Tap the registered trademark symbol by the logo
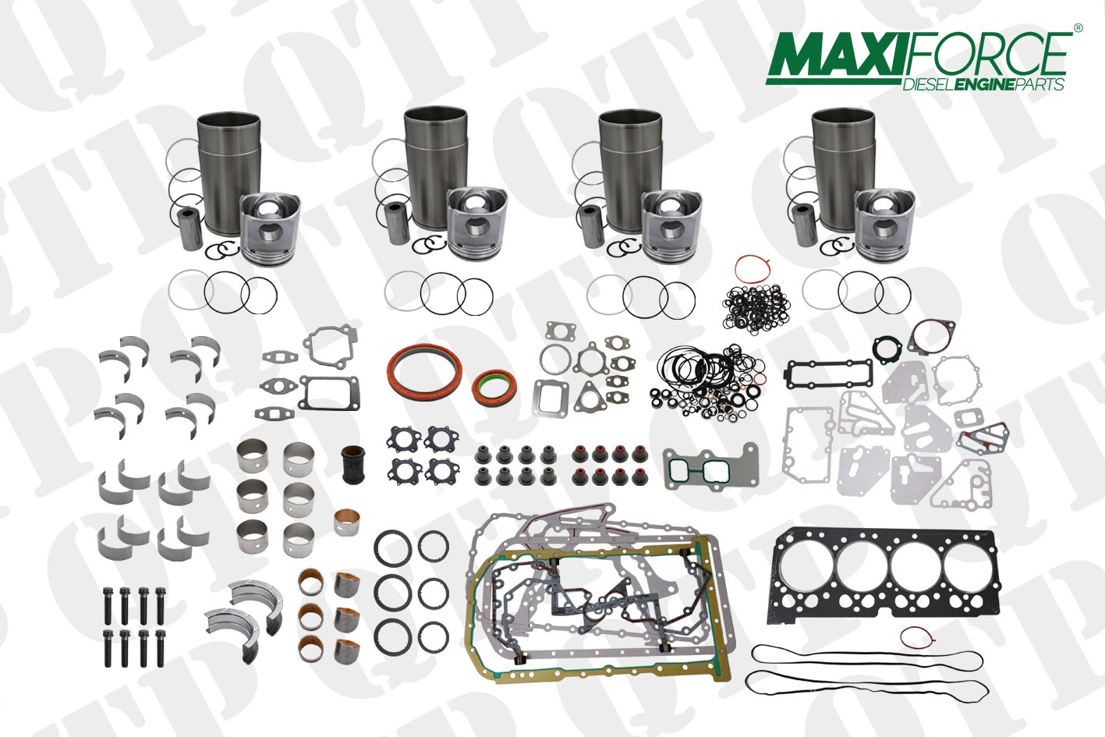tap(1078, 28)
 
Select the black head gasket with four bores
tap(883, 576)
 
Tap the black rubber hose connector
tap(353, 464)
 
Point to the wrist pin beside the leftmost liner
tap(190, 229)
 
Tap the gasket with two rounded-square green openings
tap(710, 467)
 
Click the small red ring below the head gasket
tap(916, 638)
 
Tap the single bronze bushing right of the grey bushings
tap(346, 522)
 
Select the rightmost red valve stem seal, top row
tap(639, 454)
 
